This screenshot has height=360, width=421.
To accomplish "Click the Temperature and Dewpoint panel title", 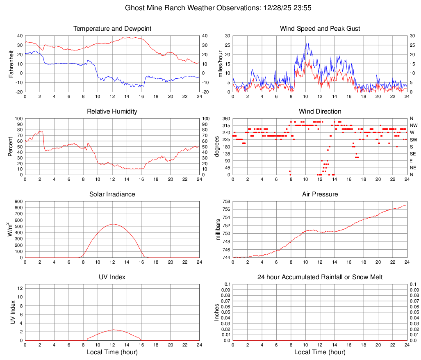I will click(112, 29).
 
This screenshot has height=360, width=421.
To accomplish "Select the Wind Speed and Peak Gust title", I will click(320, 29).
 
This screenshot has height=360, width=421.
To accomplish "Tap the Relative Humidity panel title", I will click(112, 112).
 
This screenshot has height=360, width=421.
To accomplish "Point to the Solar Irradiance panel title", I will click(112, 194).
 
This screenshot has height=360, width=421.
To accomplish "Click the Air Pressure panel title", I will click(320, 194).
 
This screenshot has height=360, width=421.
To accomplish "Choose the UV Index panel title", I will click(112, 277).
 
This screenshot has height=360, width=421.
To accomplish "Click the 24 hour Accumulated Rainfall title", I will click(320, 277).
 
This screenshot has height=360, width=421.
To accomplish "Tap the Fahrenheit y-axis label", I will click(11, 64).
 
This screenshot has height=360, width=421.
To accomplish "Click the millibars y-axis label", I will click(219, 230).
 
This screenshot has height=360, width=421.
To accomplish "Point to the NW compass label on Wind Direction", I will click(413, 125).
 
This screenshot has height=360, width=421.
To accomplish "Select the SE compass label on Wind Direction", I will click(413, 154).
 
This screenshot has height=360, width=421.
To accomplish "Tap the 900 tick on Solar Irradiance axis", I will click(18, 201).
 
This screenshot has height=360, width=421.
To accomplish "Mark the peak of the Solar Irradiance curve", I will click(113, 224).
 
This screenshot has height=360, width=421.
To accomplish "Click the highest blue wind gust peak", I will click(305, 43).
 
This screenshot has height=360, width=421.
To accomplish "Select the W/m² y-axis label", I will click(10, 230).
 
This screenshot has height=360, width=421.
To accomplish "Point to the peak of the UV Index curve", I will click(113, 330).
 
